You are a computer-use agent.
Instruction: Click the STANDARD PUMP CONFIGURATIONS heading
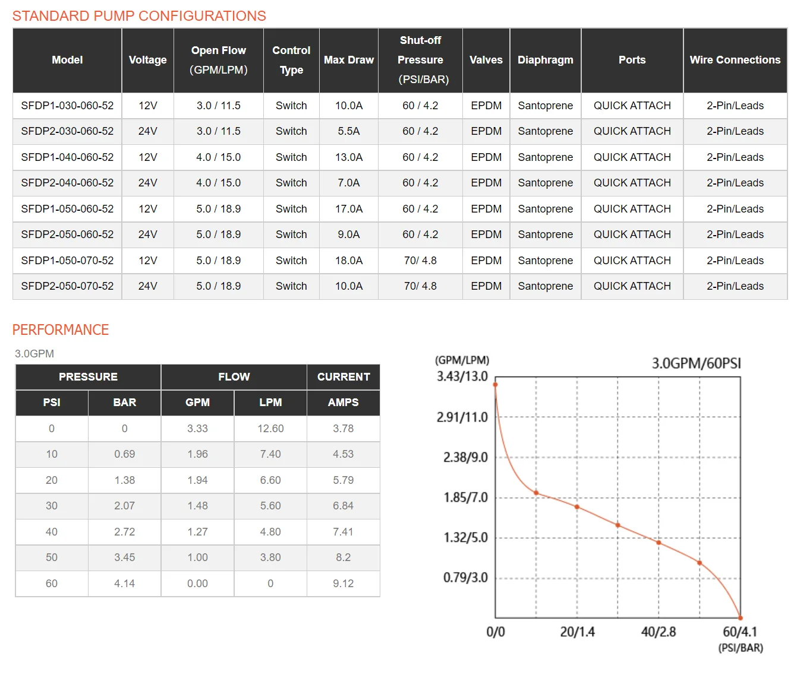[139, 16]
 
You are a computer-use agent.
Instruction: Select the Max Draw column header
[349, 60]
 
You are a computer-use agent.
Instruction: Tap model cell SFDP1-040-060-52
[67, 157]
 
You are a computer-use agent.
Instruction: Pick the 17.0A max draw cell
[349, 209]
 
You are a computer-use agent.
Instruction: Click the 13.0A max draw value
[349, 157]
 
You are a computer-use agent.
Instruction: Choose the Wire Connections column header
[735, 60]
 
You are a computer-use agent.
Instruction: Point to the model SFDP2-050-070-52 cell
[67, 286]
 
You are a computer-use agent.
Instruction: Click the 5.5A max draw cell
[349, 131]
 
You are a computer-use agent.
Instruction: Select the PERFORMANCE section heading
[61, 330]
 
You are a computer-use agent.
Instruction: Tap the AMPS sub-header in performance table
[344, 403]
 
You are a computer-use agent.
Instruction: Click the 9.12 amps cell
[344, 584]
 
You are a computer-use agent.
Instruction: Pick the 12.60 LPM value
[270, 429]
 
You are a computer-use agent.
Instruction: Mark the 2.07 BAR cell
[125, 506]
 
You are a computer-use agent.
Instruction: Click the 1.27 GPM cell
[197, 532]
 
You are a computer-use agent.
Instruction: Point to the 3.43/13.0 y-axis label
[462, 376]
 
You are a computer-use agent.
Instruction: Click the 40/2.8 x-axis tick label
[658, 632]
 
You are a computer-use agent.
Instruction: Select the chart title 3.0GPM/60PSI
[697, 363]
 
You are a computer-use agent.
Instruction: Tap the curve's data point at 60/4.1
[741, 618]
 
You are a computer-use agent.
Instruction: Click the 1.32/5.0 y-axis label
[465, 538]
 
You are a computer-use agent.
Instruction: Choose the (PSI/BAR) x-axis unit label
[741, 648]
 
